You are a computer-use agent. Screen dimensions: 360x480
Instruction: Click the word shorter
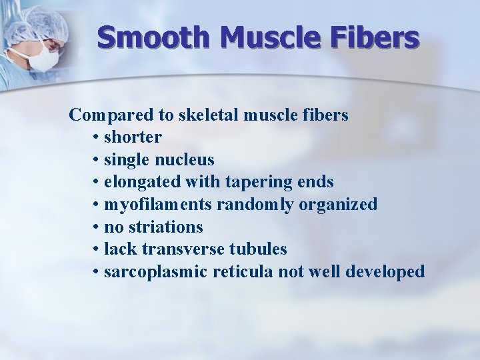tap(133, 137)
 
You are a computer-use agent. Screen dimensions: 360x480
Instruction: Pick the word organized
tap(338, 205)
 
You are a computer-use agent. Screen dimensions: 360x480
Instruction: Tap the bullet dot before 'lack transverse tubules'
tap(97, 250)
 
